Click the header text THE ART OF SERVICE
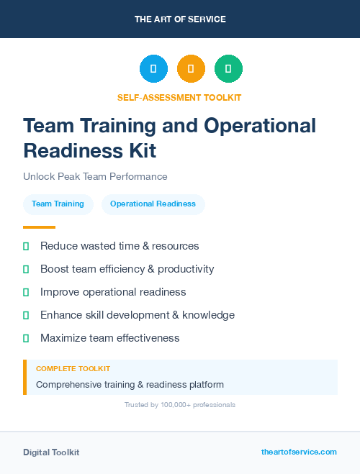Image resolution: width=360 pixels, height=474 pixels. [180, 19]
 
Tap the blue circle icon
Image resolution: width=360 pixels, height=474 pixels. [153, 69]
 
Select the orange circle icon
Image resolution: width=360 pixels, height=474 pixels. [191, 69]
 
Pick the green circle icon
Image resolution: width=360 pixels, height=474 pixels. [228, 69]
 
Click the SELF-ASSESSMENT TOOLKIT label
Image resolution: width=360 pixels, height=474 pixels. [179, 97]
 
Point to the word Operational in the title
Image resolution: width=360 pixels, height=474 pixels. [260, 126]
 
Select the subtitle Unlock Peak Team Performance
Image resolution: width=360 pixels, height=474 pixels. [95, 176]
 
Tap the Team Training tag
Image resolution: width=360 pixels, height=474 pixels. [58, 204]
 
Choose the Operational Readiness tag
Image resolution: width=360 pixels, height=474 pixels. [153, 204]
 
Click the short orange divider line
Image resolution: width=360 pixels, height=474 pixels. [40, 227]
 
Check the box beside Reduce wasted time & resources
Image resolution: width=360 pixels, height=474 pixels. [27, 246]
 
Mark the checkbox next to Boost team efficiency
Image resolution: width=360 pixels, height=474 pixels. [27, 269]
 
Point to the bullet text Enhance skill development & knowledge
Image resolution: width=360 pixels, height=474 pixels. [138, 315]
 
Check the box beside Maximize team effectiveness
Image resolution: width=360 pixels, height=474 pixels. [27, 338]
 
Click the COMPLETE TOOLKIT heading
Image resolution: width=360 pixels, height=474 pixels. [73, 368]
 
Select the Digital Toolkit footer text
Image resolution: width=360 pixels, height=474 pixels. [51, 452]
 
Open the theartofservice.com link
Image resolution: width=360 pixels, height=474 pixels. [299, 452]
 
